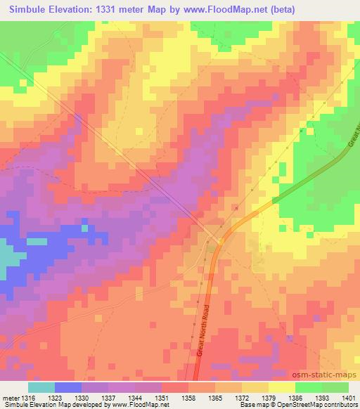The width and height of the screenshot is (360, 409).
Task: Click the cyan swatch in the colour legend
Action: coord(41,387)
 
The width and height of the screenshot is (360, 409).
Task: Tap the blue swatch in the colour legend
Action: coord(68,387)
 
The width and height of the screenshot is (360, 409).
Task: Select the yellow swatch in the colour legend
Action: coord(281,387)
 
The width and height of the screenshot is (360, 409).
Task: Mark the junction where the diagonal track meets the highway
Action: coord(219,241)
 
